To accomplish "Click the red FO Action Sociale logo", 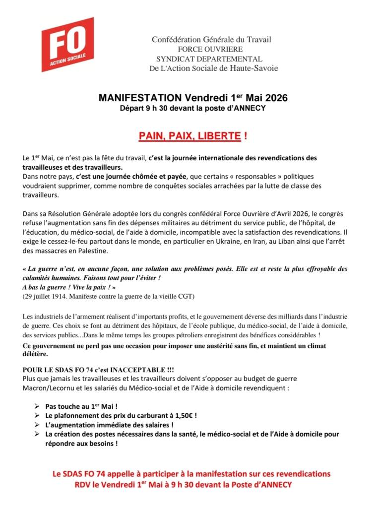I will [x=67, y=44].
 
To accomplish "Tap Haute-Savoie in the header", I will [x=254, y=68].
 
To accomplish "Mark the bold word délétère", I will [x=35, y=354].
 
